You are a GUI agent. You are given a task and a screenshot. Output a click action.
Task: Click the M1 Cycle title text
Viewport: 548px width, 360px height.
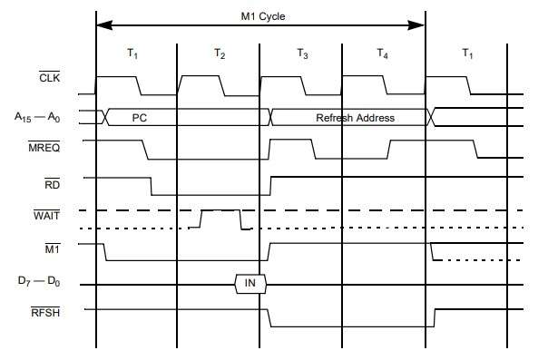263,16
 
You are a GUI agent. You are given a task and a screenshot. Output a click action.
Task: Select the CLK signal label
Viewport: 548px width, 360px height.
49,77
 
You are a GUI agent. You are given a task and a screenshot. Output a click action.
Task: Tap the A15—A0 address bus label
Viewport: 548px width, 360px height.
37,117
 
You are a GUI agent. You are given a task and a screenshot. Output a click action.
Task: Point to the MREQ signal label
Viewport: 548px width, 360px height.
44,147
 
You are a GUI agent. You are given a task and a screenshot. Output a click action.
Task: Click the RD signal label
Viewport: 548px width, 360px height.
52,184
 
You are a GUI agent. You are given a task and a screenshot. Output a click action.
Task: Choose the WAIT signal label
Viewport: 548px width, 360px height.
46,215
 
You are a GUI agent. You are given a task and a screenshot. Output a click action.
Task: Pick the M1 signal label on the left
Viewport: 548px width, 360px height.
53,248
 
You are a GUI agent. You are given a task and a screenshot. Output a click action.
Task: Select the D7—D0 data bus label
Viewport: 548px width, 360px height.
39,281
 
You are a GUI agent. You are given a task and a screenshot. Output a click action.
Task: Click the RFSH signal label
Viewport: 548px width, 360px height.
45,312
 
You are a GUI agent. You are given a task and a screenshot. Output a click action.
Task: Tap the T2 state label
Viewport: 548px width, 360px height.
220,54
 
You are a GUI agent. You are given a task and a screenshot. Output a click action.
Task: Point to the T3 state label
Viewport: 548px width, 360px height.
302,54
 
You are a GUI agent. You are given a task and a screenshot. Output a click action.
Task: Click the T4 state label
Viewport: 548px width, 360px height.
382,54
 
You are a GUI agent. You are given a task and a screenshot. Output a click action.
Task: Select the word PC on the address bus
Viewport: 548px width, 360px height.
139,118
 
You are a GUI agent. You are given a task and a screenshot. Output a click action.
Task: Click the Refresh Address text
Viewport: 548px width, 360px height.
355,118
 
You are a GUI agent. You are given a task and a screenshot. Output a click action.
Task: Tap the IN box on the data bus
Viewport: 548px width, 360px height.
250,284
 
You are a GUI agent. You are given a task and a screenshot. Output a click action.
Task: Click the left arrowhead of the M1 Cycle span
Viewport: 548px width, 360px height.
104,25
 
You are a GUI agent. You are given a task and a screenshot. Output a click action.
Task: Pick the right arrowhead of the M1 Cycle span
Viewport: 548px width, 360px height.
416,25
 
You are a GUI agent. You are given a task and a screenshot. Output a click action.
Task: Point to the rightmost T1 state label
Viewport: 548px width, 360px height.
467,54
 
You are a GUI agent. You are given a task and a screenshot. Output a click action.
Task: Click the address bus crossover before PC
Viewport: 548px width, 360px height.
105,117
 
